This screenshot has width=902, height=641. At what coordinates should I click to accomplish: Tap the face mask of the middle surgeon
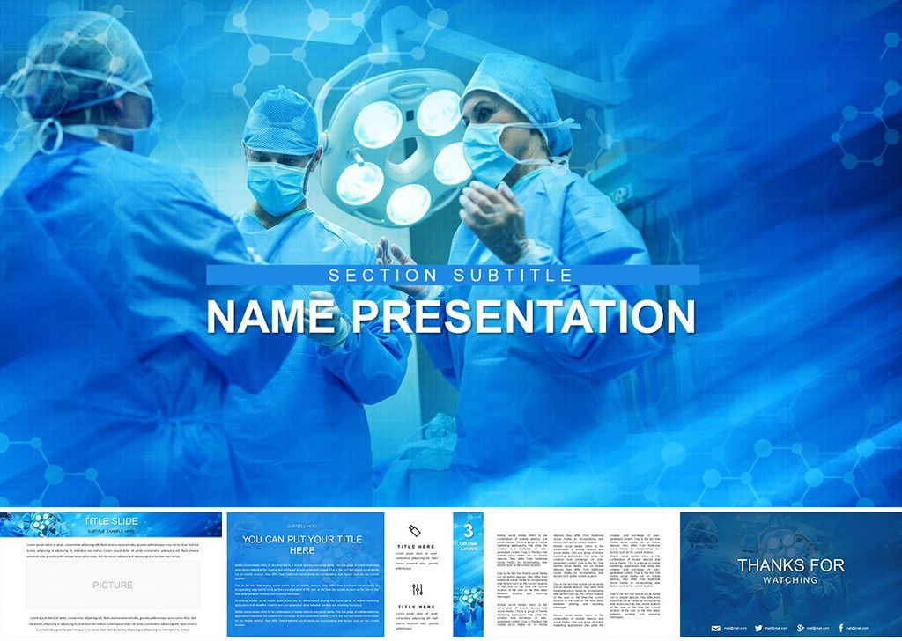[276, 187]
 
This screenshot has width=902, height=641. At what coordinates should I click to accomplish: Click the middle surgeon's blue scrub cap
[280, 122]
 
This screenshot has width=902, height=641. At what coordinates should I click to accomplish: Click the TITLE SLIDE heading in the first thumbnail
[110, 521]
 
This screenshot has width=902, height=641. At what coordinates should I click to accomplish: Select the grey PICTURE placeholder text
[113, 585]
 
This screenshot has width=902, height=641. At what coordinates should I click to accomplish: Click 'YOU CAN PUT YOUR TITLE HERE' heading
[302, 544]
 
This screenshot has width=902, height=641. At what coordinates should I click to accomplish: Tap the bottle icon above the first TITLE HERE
[417, 531]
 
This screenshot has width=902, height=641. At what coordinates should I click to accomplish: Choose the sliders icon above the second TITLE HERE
[417, 590]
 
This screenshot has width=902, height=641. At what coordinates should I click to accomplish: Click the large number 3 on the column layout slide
[468, 531]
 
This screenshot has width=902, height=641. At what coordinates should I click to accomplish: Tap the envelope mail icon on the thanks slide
[715, 628]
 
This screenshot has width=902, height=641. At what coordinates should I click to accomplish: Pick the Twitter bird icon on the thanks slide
[758, 628]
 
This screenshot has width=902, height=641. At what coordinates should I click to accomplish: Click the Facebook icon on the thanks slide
[841, 628]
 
